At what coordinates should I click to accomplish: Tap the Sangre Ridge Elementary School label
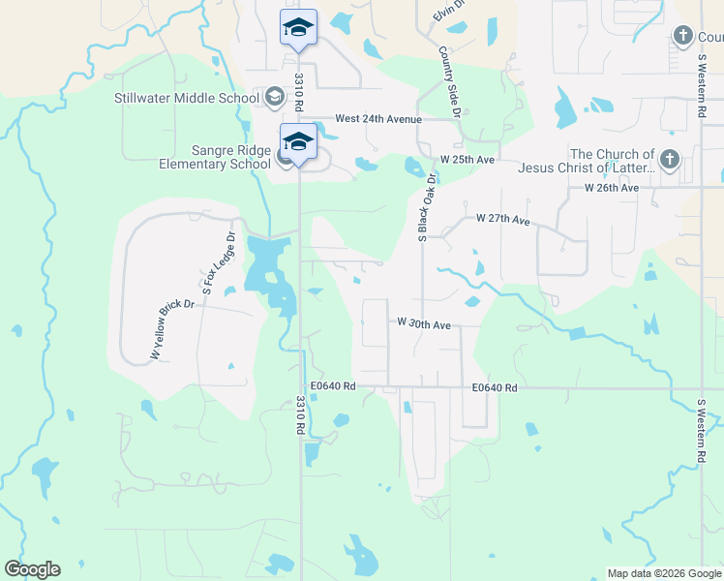pos(215,157)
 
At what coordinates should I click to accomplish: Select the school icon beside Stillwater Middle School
pos(275,97)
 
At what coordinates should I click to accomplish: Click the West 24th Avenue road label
pos(378,119)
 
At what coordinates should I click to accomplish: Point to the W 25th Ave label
pos(468,159)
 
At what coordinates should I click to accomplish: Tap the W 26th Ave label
pos(612,187)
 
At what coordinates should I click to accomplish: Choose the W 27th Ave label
pos(503,220)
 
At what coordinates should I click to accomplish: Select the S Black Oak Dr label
pos(423,209)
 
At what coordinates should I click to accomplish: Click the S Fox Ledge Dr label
pos(218,262)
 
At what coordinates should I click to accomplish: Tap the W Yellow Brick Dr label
pos(172,330)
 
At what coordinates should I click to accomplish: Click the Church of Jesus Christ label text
pos(612,161)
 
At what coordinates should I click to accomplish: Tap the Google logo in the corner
pos(32,569)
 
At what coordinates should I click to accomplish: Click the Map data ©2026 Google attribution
pos(664,573)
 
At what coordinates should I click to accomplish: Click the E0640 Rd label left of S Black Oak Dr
pos(335,386)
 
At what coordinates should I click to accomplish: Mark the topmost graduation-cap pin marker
pos(298,29)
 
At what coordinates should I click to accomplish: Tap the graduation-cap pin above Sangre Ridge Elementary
pos(298,142)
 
